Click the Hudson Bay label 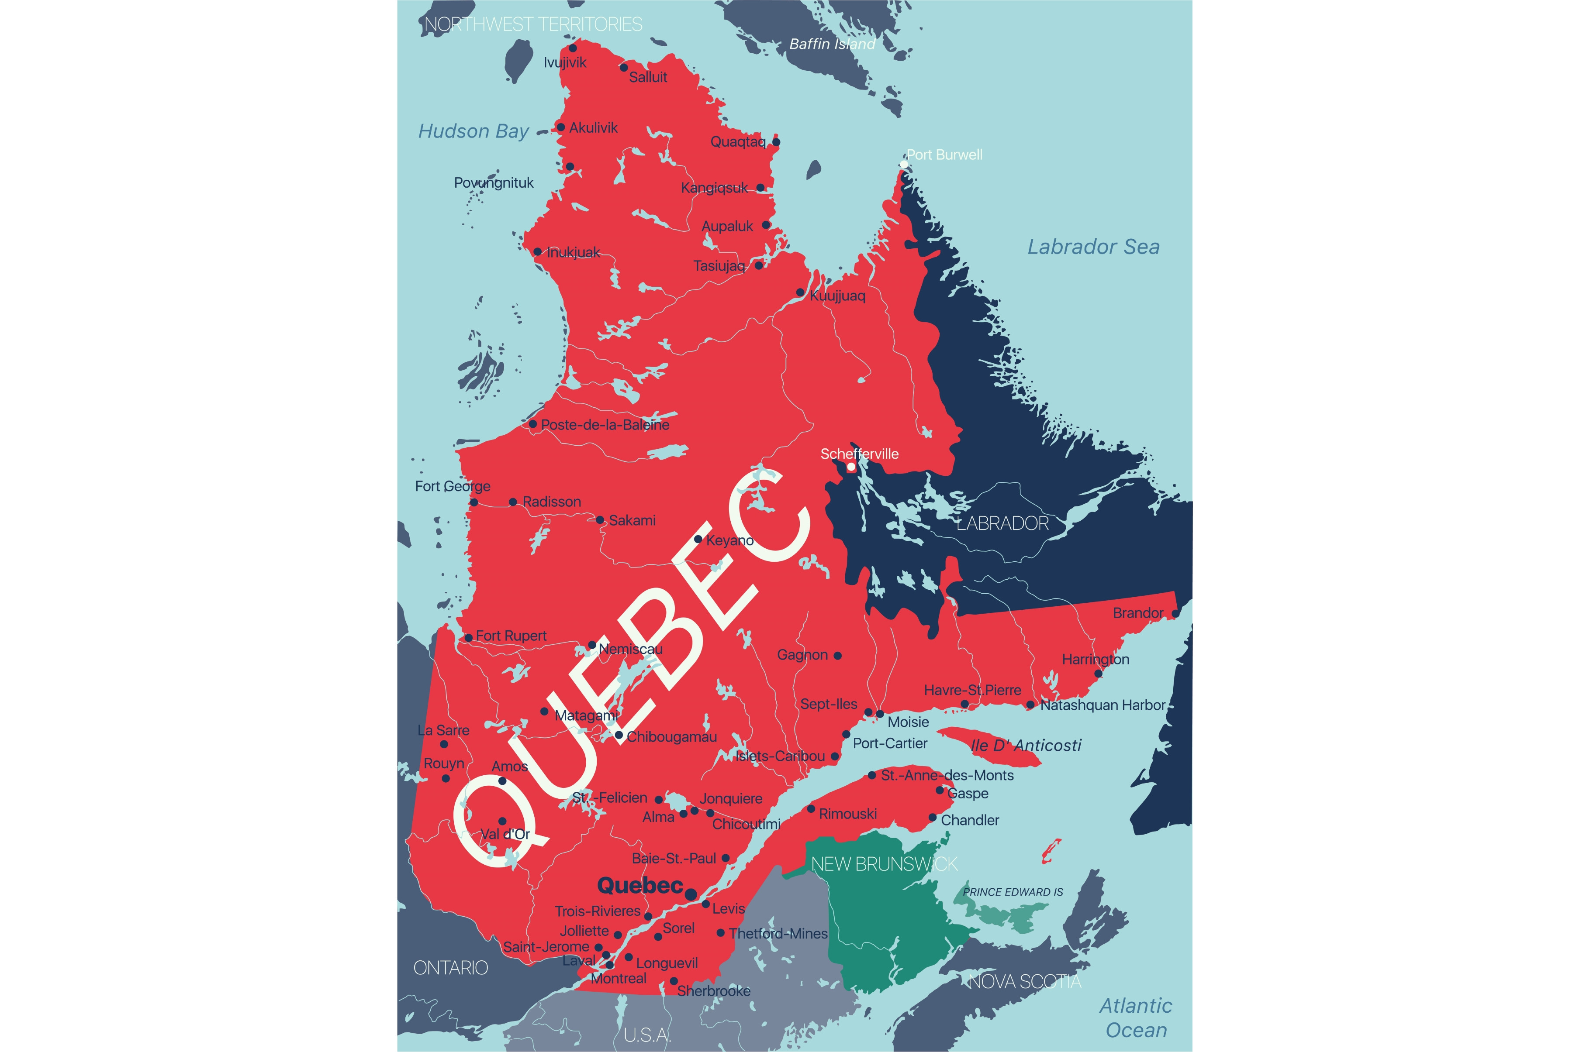point(473,131)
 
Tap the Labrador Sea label point(1093,247)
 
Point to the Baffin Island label point(832,44)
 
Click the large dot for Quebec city point(691,893)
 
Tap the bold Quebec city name point(639,886)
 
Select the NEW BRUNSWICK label point(884,864)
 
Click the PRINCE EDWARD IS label point(1013,892)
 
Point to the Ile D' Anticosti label point(1026,746)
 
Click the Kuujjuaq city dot point(800,292)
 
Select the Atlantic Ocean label point(1136,1018)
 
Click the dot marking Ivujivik point(573,48)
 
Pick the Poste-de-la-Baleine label point(605,425)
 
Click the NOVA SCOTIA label point(1025,982)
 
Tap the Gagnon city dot point(838,656)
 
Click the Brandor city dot point(1175,614)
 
